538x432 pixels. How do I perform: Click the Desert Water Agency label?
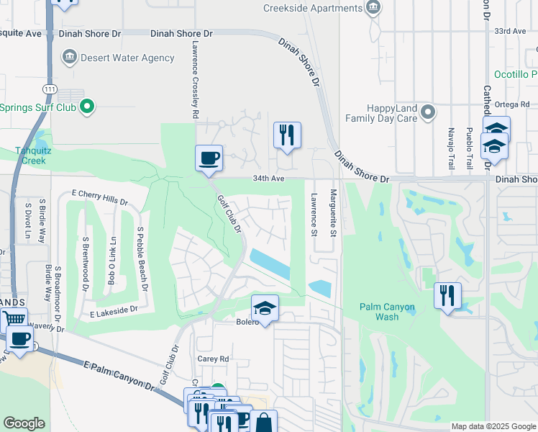(x=127, y=58)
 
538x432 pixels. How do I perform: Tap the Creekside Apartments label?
(x=311, y=8)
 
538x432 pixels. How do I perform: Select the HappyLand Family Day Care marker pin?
(x=429, y=112)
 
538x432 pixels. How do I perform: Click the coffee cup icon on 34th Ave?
(x=209, y=158)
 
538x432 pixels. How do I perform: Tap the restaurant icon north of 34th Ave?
(x=287, y=135)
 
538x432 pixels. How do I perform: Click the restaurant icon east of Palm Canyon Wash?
(x=447, y=295)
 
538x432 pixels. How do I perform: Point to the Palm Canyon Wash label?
(x=388, y=312)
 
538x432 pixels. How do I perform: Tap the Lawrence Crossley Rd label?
(x=195, y=79)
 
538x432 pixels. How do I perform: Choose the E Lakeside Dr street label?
(x=113, y=310)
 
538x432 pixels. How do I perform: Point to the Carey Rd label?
(x=213, y=359)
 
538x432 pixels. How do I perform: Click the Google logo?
(x=24, y=423)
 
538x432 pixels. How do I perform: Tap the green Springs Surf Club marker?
(x=87, y=107)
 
